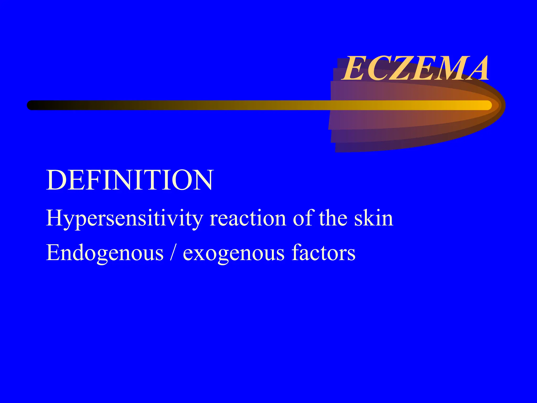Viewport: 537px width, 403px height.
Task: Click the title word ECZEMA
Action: coord(416,69)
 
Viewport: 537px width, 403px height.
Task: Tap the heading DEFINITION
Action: coord(130,180)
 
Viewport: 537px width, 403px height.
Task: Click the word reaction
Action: coord(248,219)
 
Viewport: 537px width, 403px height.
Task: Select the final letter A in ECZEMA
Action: coord(476,69)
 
